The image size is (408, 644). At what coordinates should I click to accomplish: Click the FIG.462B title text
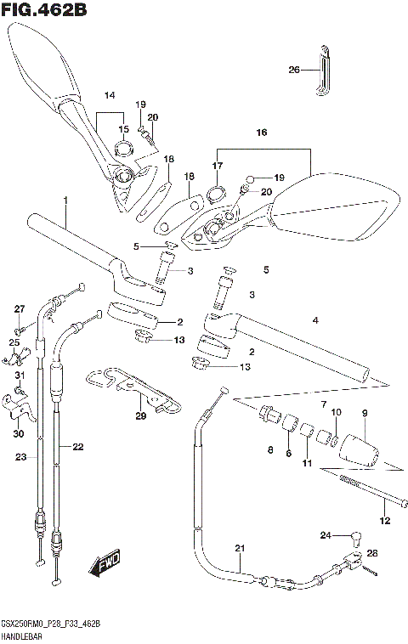coord(43,10)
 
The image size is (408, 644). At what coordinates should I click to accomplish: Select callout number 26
coord(294,70)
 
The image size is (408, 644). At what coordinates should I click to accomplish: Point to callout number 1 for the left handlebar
coord(64,201)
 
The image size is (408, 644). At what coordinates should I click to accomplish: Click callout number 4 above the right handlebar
coord(315,320)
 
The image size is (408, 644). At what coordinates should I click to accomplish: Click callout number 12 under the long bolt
coord(383,521)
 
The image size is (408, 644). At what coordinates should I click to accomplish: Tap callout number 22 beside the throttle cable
coord(78,447)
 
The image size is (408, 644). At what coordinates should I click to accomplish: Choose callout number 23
coord(20,457)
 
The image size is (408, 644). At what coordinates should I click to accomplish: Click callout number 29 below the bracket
coord(140,415)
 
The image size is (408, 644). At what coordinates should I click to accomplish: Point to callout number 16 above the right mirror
coord(262,133)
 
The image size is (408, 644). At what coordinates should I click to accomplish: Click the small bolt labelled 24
coord(356,536)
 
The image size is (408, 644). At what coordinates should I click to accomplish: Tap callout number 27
coord(20,308)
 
